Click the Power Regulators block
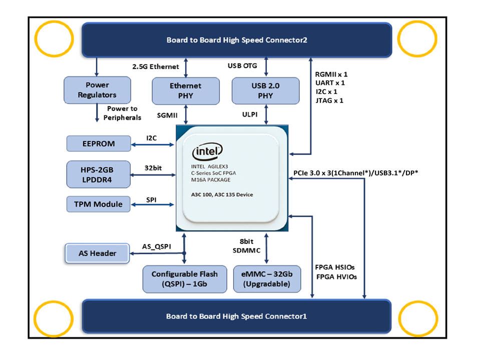coord(97,90)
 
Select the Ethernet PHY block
coord(186,90)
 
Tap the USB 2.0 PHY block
coord(266,90)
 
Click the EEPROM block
coord(99,143)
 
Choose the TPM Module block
coord(99,203)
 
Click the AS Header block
coord(98,253)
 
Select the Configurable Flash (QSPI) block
coord(185,279)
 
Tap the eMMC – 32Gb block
coord(267,279)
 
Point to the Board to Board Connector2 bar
coord(237,40)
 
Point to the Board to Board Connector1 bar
coord(237,316)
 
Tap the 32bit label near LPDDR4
coord(153,167)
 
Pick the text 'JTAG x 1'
coord(330,100)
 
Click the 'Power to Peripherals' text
coord(122,113)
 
